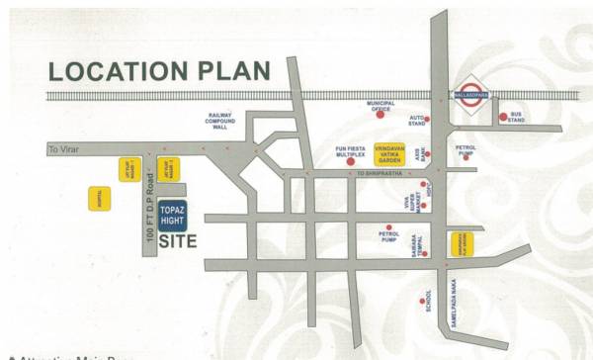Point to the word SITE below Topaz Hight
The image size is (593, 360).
click(x=178, y=240)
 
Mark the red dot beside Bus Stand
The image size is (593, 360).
click(x=503, y=117)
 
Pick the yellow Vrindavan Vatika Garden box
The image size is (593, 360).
click(x=389, y=155)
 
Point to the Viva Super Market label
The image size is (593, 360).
click(x=406, y=210)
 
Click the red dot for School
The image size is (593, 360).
click(x=422, y=301)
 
